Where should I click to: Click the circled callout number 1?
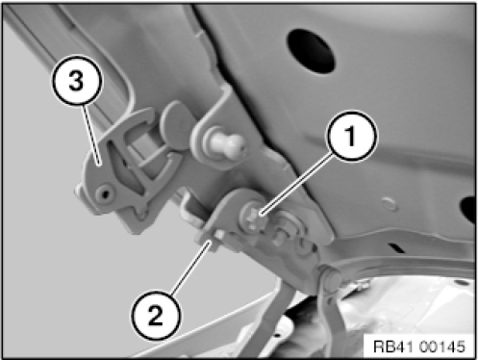coord(351,136)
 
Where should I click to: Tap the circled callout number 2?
coord(156,316)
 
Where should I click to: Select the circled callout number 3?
coord(76,80)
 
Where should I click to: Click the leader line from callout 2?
coord(191,267)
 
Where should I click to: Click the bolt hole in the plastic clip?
coord(105,193)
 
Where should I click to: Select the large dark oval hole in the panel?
coord(311,51)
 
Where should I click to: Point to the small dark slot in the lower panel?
coord(396,247)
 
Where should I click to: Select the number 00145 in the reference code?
coord(441,347)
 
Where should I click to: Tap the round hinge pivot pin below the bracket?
coord(331,278)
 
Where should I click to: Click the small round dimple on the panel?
coord(389,204)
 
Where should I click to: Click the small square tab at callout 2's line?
coord(219,235)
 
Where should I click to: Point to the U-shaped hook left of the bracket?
coord(191,209)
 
